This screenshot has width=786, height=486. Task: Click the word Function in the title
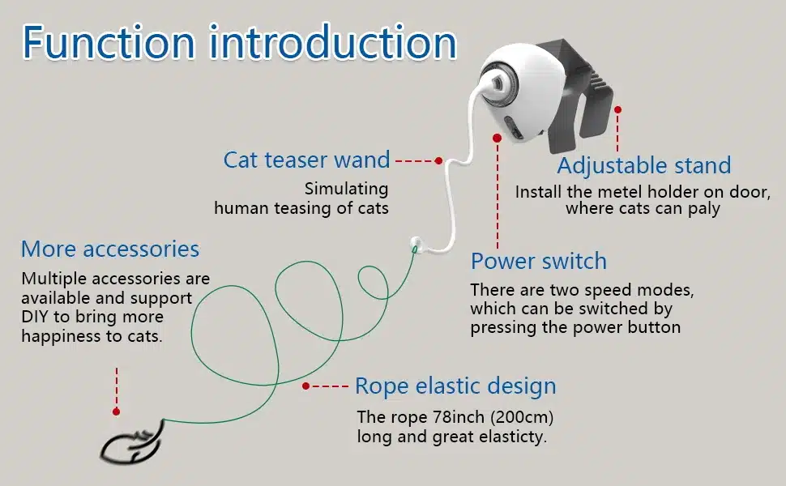coord(109,42)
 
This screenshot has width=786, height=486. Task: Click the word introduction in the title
coord(333,42)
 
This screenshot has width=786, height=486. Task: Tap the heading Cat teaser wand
coord(307,160)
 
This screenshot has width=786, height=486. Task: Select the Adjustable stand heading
coord(644,166)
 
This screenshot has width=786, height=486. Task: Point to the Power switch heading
coord(539,262)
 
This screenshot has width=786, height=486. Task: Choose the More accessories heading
coord(110,249)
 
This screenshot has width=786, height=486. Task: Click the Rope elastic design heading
coord(455,386)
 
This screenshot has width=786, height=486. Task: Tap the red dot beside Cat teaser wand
coord(438,161)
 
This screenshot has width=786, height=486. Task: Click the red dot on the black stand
coord(618,109)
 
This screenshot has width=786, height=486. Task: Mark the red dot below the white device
coord(498,138)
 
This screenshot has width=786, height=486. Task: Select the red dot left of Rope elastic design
coord(305,386)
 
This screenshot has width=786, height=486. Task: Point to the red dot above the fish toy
coord(117,411)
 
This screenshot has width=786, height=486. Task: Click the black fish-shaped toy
coord(133,443)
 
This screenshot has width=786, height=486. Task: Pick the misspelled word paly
coord(704,208)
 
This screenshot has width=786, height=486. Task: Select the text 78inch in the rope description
coord(461,417)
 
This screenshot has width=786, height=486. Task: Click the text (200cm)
coord(522,417)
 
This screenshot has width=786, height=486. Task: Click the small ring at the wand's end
coord(415,244)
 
